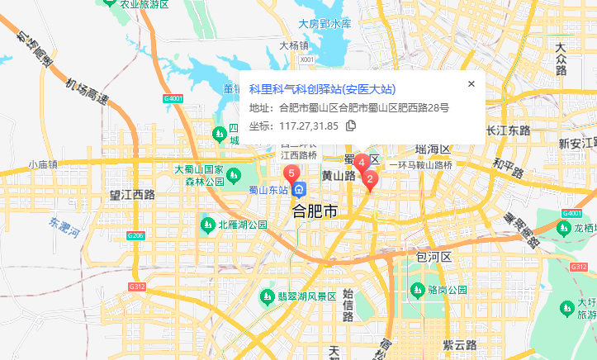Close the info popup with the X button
tap(471, 83)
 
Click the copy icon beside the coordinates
tap(351, 126)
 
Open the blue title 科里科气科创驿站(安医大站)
tap(322, 89)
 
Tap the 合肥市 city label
tap(315, 212)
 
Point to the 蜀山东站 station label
tap(268, 189)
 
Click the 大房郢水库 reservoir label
tap(325, 23)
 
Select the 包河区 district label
tap(434, 258)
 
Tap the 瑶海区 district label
tap(433, 149)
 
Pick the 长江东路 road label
tap(509, 130)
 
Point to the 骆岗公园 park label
tap(448, 290)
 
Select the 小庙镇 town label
tap(42, 164)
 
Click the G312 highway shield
tap(136, 287)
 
